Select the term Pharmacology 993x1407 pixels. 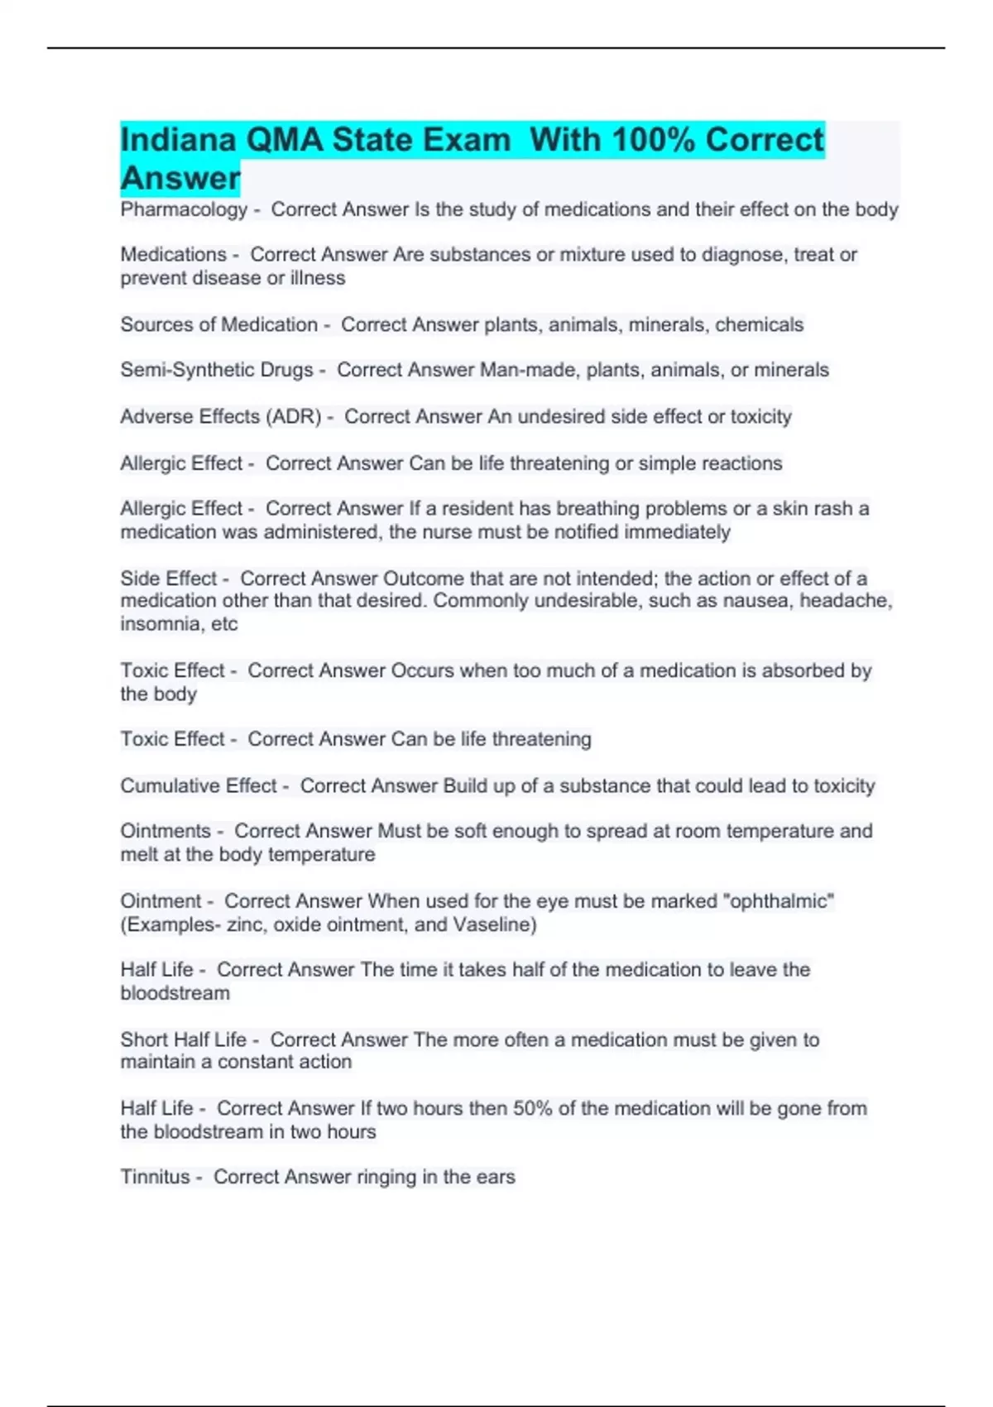[x=184, y=209]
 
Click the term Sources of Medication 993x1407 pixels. [x=218, y=324]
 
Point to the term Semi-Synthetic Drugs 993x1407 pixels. [x=217, y=370]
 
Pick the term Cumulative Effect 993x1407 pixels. [x=199, y=785]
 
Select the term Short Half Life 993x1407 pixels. [x=184, y=1040]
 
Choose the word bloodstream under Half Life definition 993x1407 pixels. [x=175, y=993]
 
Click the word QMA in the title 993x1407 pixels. [x=285, y=140]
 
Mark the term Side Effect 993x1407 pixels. [x=169, y=579]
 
